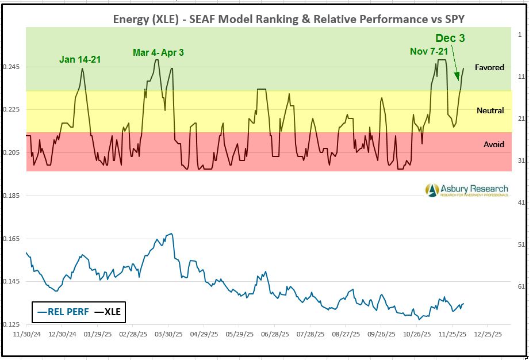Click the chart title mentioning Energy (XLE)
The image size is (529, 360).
[289, 18]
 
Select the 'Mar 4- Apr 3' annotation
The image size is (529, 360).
[158, 53]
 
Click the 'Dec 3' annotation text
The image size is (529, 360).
[450, 39]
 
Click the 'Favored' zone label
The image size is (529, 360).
[489, 67]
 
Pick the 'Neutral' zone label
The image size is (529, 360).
[490, 110]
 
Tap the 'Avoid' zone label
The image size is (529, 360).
[493, 144]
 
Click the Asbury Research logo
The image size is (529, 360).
[466, 190]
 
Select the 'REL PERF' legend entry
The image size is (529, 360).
[60, 312]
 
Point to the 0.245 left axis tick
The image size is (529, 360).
[12, 67]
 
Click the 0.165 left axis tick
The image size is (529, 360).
[12, 238]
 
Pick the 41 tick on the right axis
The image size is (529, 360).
[520, 203]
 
